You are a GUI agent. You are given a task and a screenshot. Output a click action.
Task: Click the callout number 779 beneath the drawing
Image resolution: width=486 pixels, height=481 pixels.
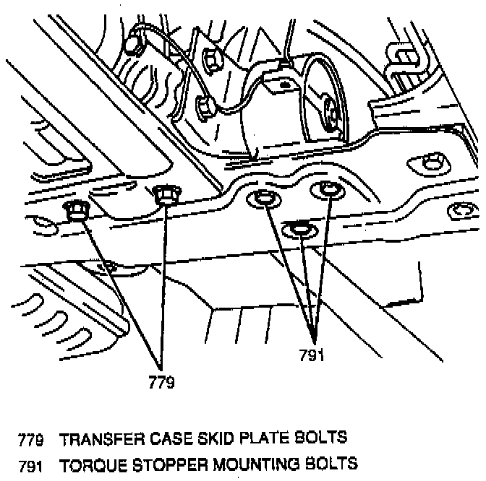click(x=161, y=383)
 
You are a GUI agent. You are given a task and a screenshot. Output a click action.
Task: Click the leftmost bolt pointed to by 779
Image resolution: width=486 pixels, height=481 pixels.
click(x=75, y=211)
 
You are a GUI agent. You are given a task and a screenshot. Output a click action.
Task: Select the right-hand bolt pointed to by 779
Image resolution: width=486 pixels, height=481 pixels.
click(x=166, y=194)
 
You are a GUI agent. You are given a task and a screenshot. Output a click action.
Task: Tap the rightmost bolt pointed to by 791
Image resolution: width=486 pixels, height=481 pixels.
click(x=328, y=189)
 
